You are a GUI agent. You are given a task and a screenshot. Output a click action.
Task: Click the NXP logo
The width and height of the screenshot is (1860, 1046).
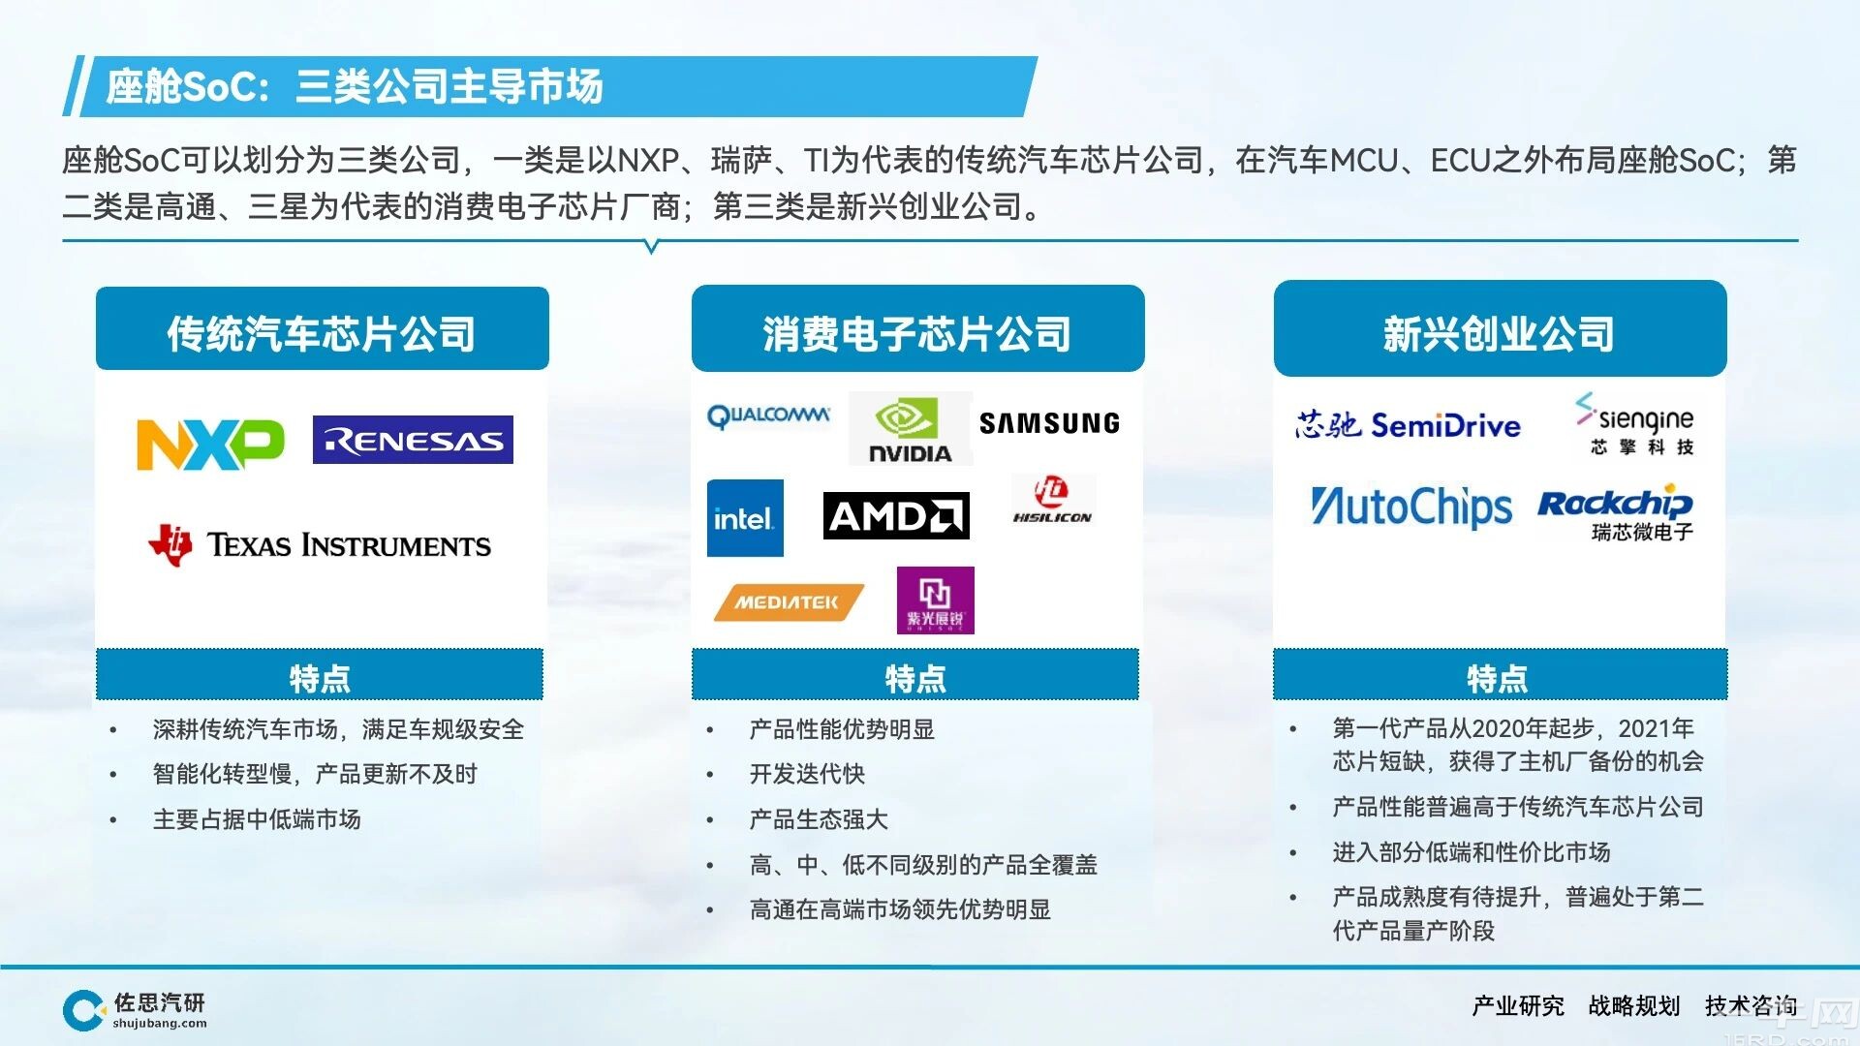pyautogui.click(x=210, y=445)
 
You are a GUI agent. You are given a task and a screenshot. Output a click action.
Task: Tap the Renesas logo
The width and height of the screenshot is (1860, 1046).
pyautogui.click(x=413, y=441)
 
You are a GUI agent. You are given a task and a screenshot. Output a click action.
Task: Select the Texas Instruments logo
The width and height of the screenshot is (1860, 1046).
pyautogui.click(x=320, y=545)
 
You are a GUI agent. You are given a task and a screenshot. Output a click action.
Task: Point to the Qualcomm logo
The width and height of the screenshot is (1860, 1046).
pyautogui.click(x=768, y=416)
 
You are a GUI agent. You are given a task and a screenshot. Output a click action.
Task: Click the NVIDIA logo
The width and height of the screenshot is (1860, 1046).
pyautogui.click(x=910, y=429)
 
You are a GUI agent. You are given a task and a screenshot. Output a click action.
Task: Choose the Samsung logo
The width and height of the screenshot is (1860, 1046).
pyautogui.click(x=1049, y=423)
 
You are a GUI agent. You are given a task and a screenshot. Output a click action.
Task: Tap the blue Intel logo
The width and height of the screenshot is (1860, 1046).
pyautogui.click(x=745, y=518)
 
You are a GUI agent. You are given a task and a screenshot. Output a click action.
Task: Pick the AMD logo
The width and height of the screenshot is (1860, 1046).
pyautogui.click(x=896, y=515)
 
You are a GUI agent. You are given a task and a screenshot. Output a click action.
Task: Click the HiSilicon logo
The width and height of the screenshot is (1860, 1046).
pyautogui.click(x=1052, y=500)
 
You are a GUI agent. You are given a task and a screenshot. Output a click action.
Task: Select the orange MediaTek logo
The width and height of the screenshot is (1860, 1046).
pyautogui.click(x=789, y=601)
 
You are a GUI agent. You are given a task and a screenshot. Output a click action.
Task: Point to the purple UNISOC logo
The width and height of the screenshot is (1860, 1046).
pyautogui.click(x=935, y=600)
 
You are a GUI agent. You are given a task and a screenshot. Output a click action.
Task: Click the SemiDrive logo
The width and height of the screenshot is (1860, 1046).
pyautogui.click(x=1408, y=425)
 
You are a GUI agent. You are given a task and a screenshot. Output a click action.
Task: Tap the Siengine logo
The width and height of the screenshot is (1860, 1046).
pyautogui.click(x=1635, y=424)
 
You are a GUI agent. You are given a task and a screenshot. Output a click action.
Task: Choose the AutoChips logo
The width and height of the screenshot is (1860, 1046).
pyautogui.click(x=1410, y=508)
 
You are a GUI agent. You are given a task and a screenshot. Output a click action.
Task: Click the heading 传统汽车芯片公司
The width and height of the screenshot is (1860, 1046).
pyautogui.click(x=322, y=334)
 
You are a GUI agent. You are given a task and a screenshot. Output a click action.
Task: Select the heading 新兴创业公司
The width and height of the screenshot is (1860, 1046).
pyautogui.click(x=1499, y=334)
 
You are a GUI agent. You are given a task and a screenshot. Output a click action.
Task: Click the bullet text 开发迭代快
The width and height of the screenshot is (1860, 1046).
pyautogui.click(x=807, y=774)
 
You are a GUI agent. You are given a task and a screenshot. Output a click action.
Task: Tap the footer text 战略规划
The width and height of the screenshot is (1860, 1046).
pyautogui.click(x=1634, y=1006)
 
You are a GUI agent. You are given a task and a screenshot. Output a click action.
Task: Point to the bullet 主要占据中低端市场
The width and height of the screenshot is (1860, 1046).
pyautogui.click(x=257, y=819)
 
